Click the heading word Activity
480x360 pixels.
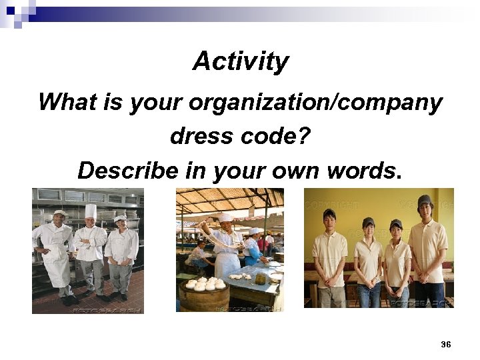tap(241, 62)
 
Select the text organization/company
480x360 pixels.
tap(315, 103)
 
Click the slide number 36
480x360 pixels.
tap(446, 344)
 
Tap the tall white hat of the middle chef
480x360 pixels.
tap(90, 211)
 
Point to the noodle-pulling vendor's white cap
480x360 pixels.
tap(225, 217)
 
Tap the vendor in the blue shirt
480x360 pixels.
tap(253, 250)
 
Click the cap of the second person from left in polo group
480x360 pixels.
tap(368, 222)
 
